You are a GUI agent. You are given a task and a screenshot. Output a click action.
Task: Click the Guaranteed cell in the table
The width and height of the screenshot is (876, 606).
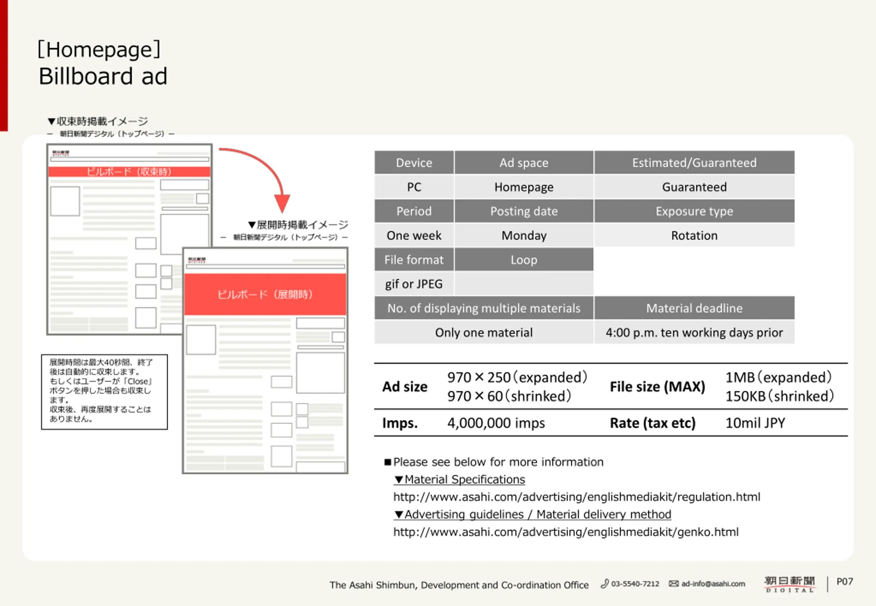694,187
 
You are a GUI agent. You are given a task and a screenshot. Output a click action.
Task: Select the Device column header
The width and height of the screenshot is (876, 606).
414,162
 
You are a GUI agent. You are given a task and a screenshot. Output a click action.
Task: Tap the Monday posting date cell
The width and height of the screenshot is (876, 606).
524,235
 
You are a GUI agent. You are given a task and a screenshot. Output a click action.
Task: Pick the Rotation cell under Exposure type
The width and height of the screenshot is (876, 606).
694,235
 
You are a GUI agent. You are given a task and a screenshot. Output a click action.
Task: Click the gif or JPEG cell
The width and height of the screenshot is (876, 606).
414,284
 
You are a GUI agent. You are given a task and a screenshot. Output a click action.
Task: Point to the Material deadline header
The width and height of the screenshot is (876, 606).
694,308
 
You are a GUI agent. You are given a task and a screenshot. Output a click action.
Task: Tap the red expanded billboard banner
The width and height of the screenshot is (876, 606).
265,294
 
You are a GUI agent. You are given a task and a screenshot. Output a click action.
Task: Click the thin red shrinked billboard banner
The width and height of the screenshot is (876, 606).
129,172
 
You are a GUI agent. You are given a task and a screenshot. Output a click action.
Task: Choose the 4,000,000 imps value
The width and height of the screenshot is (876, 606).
496,423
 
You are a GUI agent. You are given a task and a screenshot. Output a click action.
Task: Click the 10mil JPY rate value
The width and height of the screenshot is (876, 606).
755,423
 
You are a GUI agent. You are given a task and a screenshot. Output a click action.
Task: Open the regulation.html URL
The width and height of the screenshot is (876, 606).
576,497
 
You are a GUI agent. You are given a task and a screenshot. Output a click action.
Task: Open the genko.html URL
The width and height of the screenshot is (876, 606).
566,531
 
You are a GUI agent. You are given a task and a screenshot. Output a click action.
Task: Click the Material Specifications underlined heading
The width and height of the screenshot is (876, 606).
464,479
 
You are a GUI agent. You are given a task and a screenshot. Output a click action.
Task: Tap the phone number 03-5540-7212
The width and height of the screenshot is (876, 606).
634,583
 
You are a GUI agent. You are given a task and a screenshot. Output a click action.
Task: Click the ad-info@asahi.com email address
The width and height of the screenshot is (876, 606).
713,583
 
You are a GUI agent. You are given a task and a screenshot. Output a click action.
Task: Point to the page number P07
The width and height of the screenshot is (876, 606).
845,581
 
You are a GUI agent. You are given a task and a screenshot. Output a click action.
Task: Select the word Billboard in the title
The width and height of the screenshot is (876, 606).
86,76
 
